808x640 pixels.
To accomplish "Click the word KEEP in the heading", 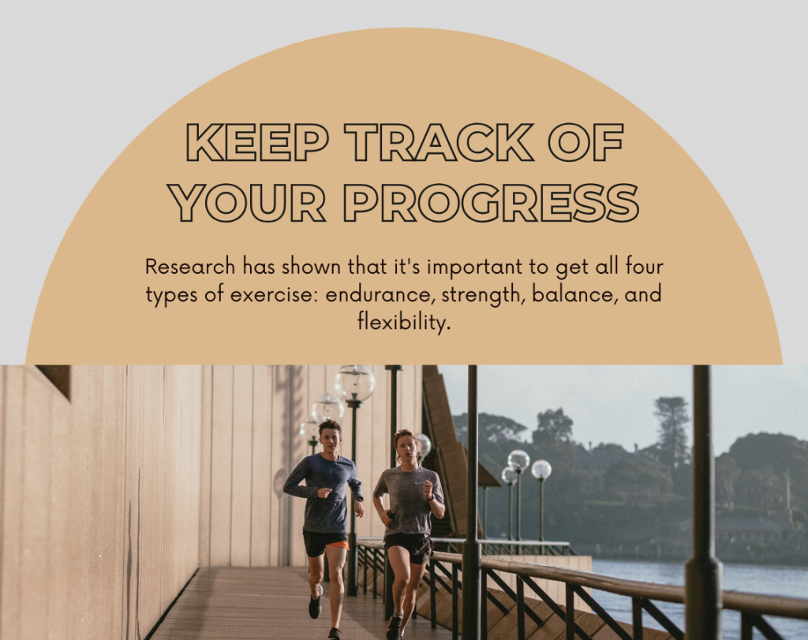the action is tap(257, 142).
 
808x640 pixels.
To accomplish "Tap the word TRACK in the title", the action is tap(439, 142).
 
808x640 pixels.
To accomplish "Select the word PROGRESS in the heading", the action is tap(491, 203).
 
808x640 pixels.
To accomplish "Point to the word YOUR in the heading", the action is tap(249, 203).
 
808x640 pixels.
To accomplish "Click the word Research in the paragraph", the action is tap(190, 267).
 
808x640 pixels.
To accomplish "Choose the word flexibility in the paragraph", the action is tap(404, 322).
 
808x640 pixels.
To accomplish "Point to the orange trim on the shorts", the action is tap(339, 545).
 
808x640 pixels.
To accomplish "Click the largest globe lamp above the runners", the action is tap(355, 383).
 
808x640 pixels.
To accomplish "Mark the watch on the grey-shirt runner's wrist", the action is tap(430, 498).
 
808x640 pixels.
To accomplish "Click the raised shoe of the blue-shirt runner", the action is tap(315, 602).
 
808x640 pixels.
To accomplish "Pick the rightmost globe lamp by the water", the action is tap(541, 470).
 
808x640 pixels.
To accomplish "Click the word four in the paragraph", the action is tap(644, 267).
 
